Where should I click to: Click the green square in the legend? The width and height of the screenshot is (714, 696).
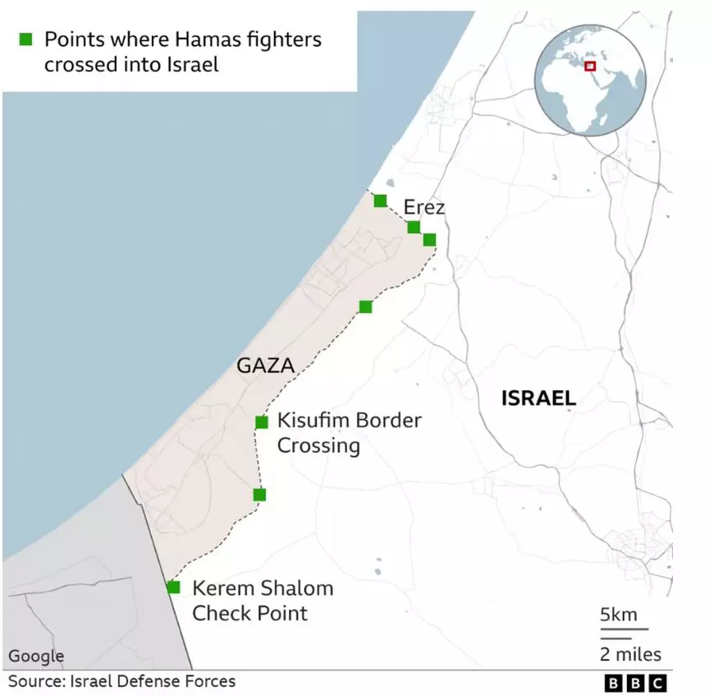coord(25,39)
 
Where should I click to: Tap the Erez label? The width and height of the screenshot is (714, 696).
coord(423,207)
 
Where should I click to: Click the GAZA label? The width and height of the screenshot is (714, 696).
coord(265,366)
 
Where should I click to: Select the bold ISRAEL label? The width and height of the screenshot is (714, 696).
coord(538,399)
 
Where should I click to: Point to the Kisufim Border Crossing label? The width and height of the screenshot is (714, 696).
coord(349,433)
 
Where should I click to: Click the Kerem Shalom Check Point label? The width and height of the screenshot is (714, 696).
coord(263,600)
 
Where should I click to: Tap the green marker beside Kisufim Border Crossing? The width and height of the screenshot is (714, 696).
coord(262,422)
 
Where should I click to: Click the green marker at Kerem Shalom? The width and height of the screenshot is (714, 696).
coord(173,588)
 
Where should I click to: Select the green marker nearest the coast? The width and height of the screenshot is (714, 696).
coord(380,201)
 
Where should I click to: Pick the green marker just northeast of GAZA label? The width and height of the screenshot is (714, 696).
coord(366,307)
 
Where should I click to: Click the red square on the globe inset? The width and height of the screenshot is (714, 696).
coord(589,66)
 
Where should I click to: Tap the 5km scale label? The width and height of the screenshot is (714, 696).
coord(618,615)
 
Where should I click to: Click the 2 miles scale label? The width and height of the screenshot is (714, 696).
coord(629,654)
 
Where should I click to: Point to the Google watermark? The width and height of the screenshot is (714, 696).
coord(36,656)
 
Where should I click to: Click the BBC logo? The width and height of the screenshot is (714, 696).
coord(635,683)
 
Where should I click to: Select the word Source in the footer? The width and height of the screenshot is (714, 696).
coord(32,681)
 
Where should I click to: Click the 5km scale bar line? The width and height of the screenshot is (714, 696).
coord(624,629)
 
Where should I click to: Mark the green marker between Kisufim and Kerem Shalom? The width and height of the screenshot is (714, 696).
coord(259,495)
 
